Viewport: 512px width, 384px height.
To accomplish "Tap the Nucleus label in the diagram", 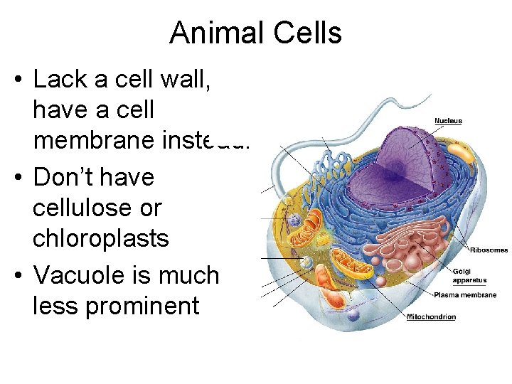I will point(448,121).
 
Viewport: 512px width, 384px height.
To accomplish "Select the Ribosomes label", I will point(489,250).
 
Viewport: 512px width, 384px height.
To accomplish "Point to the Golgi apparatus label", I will point(470,275).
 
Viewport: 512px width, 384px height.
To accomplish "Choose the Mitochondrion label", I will point(431,316).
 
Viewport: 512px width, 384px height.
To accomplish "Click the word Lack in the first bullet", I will point(60,79).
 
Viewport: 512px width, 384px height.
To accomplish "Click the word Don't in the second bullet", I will point(66,177).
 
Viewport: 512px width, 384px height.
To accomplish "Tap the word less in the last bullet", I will point(58,306).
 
